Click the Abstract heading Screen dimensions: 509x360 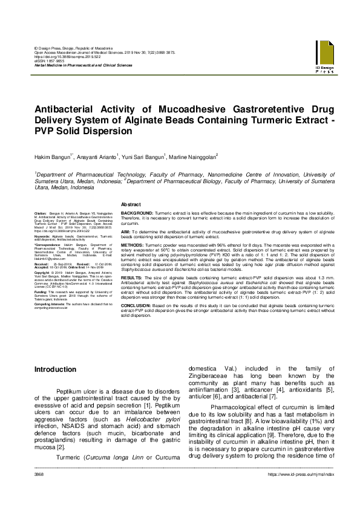[131, 204]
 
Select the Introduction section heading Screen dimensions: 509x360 [55, 369]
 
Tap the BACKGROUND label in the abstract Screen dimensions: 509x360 [137, 214]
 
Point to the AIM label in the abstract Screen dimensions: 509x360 [125, 231]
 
